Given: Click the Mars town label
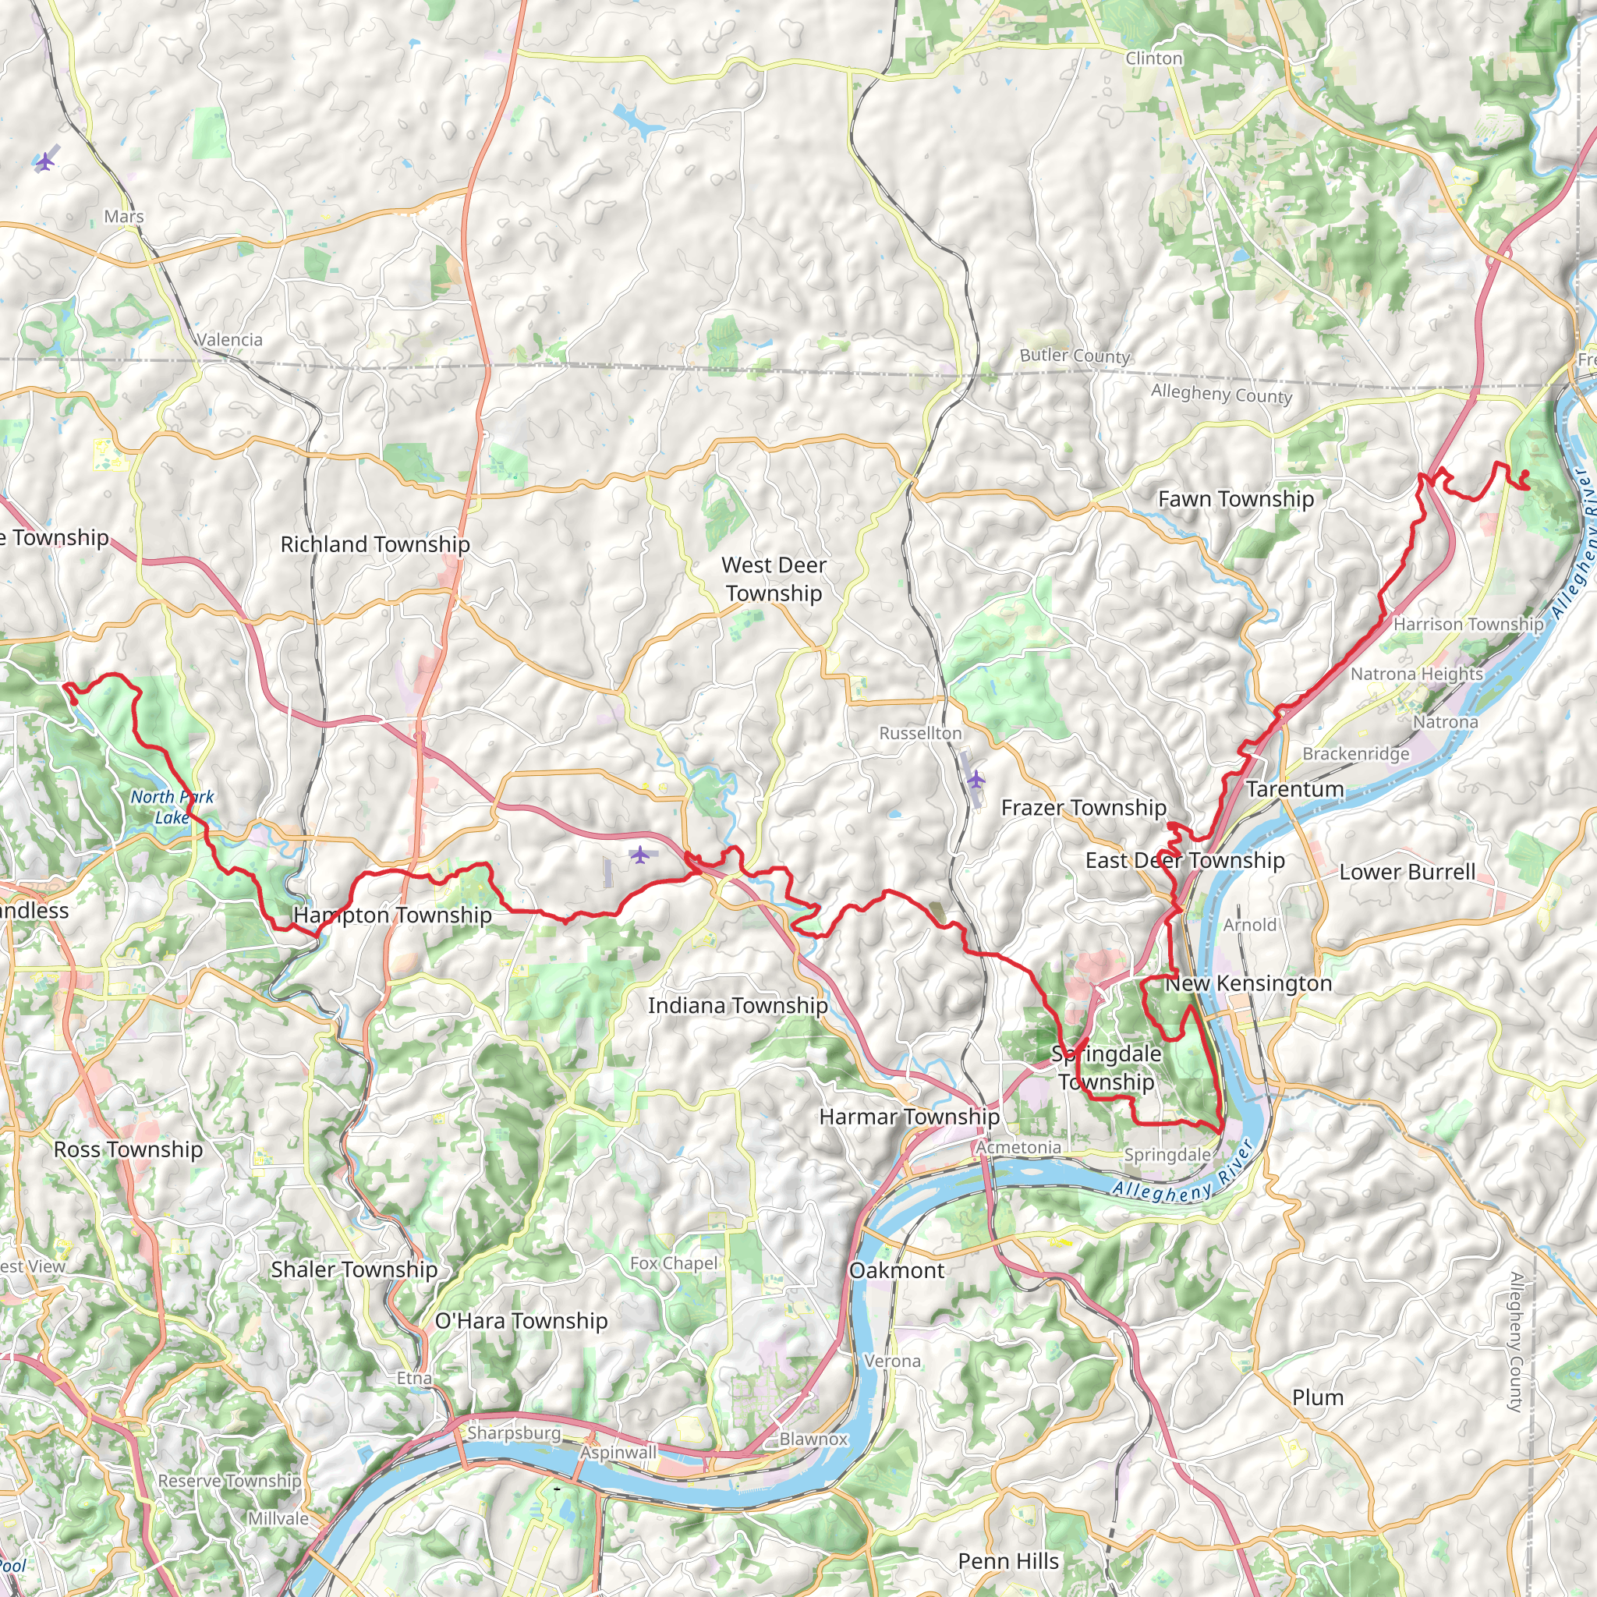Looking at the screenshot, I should coord(124,217).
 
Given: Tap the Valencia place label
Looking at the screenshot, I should coord(229,340).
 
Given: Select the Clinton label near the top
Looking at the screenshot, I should coord(1153,58).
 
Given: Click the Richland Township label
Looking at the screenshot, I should coord(375,545).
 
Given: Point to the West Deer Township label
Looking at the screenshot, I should coord(774,579).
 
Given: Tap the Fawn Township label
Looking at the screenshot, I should coord(1236,499).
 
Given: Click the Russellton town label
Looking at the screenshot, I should coord(920,733).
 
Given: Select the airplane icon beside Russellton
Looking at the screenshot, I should coord(976,779).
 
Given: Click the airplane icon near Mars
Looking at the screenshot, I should coord(44,162).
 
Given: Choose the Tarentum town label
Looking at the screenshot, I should coord(1294,789).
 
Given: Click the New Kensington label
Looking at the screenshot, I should coord(1248,983).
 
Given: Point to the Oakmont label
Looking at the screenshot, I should coord(896,1270).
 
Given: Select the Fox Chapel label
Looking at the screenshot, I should coord(674,1263).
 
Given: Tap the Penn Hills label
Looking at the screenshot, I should coord(1008,1561).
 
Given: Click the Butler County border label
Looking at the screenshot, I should coord(1075,356).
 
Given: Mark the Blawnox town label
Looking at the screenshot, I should coord(813,1439).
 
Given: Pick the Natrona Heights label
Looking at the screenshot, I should coord(1417,674).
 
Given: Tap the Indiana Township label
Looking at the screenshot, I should coord(738,1006).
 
